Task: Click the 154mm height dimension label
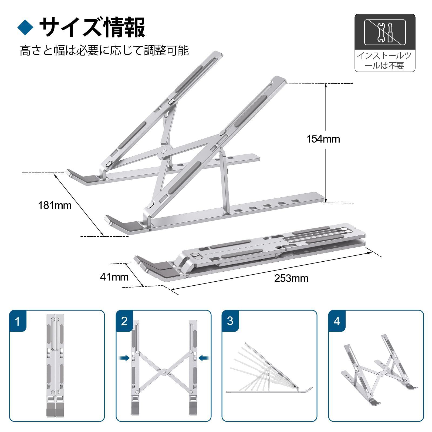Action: [323, 139]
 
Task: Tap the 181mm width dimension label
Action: [55, 206]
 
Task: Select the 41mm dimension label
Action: [114, 277]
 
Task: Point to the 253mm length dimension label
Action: [291, 278]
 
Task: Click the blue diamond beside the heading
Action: [25, 27]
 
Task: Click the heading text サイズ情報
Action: [92, 27]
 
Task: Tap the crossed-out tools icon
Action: [385, 32]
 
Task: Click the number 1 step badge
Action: [18, 321]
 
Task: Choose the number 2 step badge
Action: [124, 321]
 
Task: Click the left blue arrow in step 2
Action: [125, 358]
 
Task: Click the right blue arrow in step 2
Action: [204, 358]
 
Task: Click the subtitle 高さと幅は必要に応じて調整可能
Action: [104, 50]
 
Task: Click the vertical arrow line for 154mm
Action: [326, 143]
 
